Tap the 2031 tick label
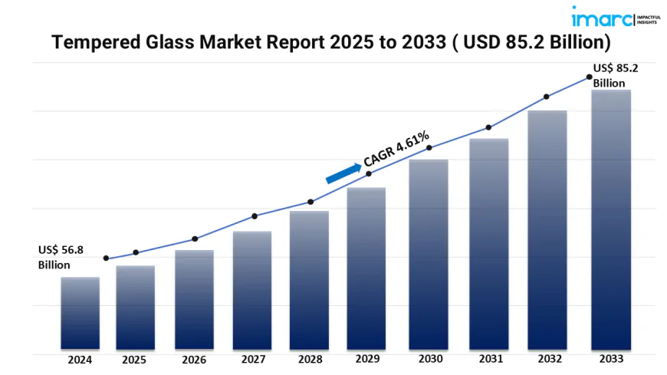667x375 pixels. pyautogui.click(x=488, y=359)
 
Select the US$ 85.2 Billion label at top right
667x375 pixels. pyautogui.click(x=616, y=75)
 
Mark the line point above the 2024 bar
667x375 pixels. pyautogui.click(x=106, y=258)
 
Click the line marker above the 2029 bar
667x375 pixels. pyautogui.click(x=369, y=174)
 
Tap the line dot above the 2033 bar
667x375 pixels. pyautogui.click(x=589, y=77)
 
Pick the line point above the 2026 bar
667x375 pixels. pyautogui.click(x=195, y=239)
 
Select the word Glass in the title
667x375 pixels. pyautogui.click(x=174, y=43)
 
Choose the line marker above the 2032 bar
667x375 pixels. pyautogui.click(x=547, y=97)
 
